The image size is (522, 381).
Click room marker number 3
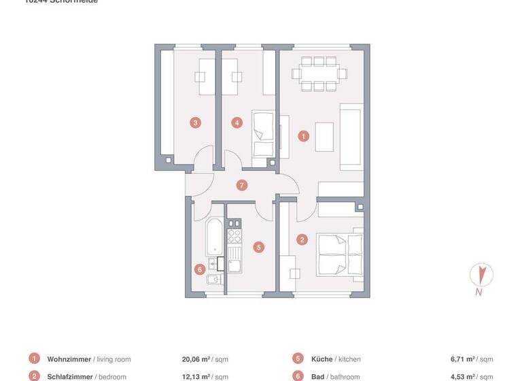(195, 123)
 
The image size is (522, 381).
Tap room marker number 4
(237, 123)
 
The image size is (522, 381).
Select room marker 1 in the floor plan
(303, 136)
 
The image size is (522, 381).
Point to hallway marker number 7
(242, 185)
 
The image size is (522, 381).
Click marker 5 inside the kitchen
(258, 248)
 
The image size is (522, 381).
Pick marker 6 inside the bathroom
(199, 269)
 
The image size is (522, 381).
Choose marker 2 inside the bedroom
(302, 239)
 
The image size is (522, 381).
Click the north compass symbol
(481, 276)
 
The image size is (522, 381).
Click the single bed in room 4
(262, 134)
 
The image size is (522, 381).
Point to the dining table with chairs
(318, 73)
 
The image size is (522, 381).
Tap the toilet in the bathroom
(214, 280)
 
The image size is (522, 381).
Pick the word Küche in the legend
(322, 359)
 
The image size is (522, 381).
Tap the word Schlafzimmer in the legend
(71, 376)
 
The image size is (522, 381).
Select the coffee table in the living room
(324, 135)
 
